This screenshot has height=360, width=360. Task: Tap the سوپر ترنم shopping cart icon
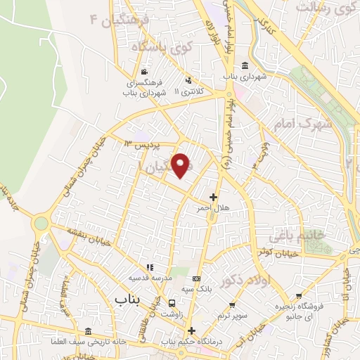point(233,306)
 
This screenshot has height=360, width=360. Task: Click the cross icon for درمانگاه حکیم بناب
point(191,331)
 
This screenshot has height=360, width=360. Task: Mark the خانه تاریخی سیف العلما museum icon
point(87,331)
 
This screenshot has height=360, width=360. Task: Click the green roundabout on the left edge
point(41,224)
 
